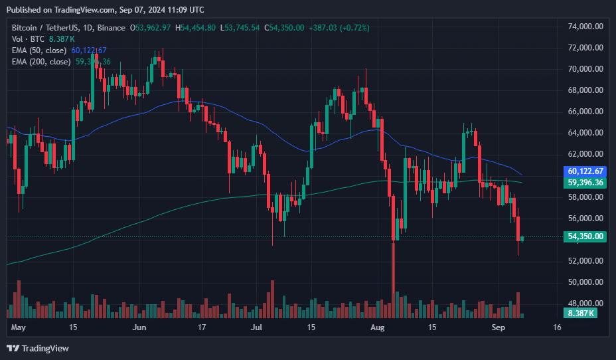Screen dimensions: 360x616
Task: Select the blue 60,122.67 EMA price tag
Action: [x=585, y=171]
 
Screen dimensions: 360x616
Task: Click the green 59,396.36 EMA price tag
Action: [x=585, y=182]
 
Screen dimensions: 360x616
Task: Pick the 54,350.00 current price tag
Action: [x=585, y=236]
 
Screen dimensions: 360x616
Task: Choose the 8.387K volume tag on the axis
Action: [x=581, y=313]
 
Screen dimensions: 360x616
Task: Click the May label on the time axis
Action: [x=18, y=327]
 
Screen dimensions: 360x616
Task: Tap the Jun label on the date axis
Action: [x=139, y=327]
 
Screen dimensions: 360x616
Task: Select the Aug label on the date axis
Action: [x=377, y=327]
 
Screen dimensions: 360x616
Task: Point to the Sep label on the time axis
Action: [x=497, y=327]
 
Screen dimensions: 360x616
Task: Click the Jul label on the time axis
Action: [x=257, y=327]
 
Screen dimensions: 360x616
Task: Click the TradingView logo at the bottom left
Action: [x=38, y=348]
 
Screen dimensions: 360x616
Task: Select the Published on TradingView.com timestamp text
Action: [x=105, y=9]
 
